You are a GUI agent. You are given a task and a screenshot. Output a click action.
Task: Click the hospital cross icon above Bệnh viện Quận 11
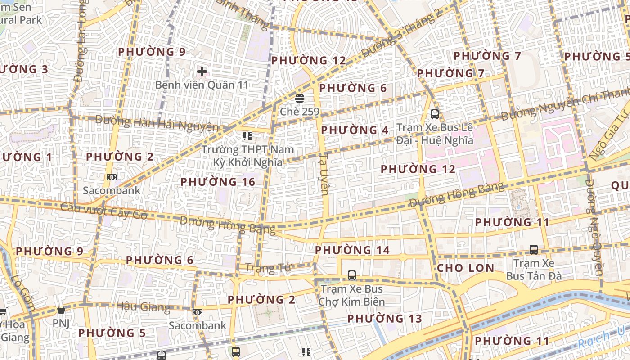[x=202, y=71]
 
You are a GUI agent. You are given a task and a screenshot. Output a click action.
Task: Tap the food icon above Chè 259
[x=300, y=99]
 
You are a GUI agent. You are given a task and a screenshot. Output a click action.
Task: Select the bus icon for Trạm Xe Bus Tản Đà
[x=534, y=249]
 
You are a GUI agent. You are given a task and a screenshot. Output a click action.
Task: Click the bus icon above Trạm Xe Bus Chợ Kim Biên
[x=352, y=275]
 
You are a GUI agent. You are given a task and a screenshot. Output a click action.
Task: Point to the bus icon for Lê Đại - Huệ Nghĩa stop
[x=435, y=114]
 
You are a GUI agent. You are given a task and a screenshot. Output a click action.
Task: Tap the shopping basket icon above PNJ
[x=61, y=310]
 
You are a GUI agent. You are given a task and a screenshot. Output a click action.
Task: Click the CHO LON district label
[x=466, y=268]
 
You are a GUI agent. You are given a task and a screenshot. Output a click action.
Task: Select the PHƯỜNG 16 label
[x=218, y=182]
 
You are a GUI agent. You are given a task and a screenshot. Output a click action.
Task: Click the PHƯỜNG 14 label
[x=352, y=250]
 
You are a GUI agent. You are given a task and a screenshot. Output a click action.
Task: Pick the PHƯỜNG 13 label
[x=385, y=319]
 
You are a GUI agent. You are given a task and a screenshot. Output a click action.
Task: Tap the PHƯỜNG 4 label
[x=355, y=130]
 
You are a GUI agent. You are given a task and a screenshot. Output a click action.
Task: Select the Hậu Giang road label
[x=143, y=307]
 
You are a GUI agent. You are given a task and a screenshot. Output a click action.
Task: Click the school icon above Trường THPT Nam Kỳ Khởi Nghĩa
[x=247, y=135]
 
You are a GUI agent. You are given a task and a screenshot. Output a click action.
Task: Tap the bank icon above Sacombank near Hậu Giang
[x=197, y=312]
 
